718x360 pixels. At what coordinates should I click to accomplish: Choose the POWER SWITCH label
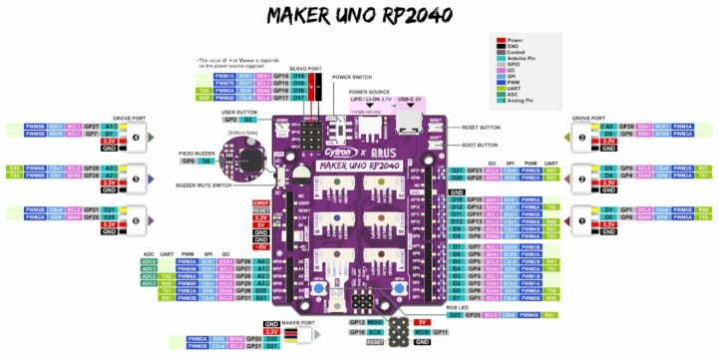[352, 76]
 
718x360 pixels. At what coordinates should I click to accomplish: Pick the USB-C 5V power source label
[411, 100]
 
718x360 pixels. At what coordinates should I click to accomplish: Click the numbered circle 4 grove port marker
[150, 137]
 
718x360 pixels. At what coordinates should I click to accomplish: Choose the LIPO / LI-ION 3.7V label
[372, 100]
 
